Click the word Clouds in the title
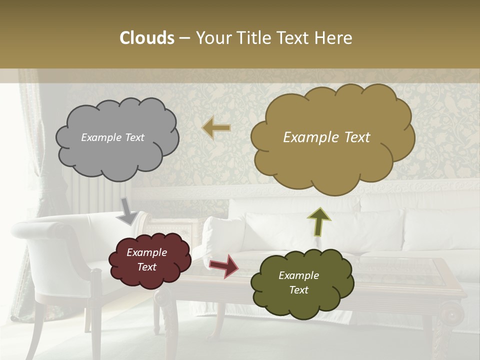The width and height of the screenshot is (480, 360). (x=147, y=38)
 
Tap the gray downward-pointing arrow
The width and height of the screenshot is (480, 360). (x=128, y=211)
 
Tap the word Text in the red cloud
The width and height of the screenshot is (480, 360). (x=147, y=267)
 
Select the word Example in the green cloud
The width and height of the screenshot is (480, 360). (x=298, y=275)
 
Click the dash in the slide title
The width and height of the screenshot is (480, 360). (x=184, y=38)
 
